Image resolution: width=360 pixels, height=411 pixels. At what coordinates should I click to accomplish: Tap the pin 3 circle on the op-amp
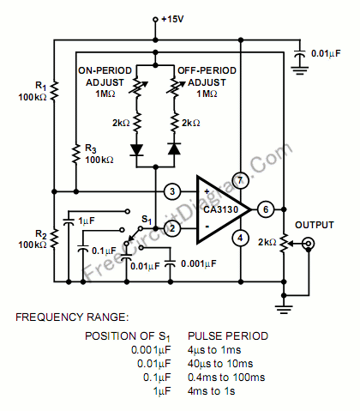coord(172,190)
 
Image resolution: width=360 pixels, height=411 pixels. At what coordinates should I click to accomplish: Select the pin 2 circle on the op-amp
coord(172,228)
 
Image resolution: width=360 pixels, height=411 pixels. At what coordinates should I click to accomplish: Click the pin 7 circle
coord(241,180)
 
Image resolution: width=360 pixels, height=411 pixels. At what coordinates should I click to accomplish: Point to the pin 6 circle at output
coord(267,209)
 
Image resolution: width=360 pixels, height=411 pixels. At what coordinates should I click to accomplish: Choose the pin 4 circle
coord(241,238)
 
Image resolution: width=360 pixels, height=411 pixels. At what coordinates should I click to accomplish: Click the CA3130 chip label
coord(222,209)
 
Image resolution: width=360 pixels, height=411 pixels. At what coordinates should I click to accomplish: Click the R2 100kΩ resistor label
coord(33,239)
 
